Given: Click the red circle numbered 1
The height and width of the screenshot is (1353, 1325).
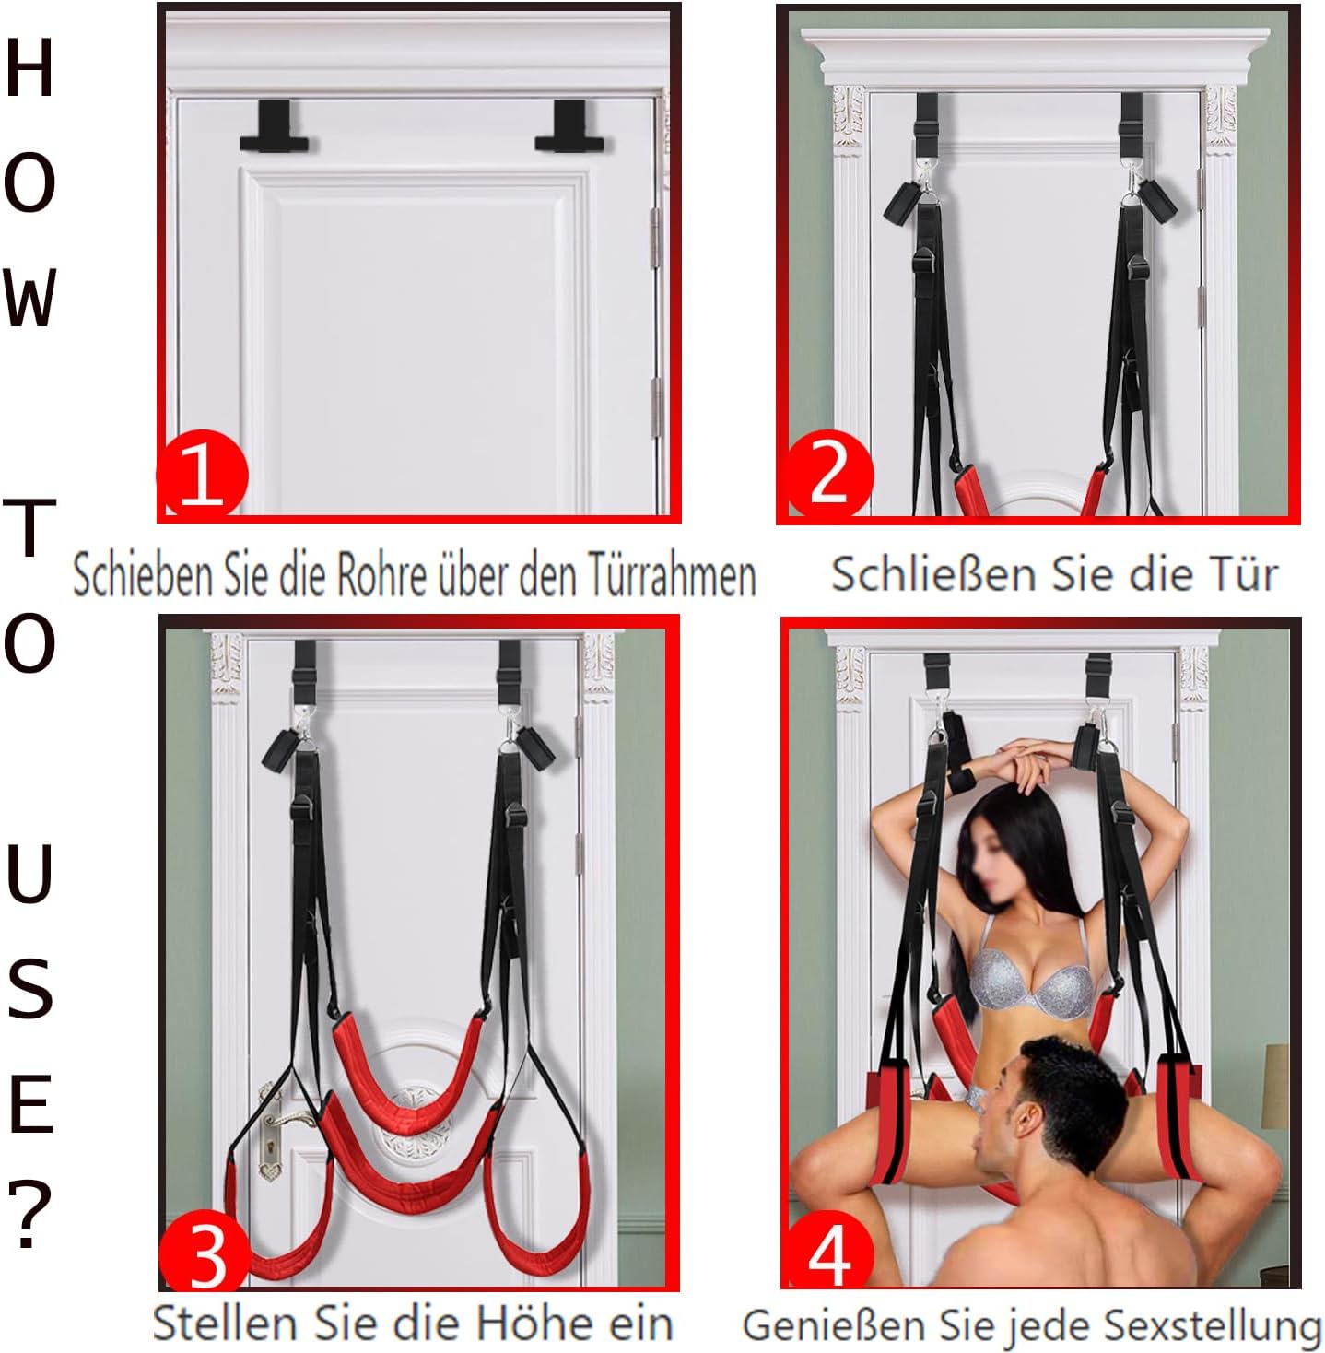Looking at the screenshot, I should pyautogui.click(x=202, y=476).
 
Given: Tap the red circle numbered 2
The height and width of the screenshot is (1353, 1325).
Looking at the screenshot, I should pyautogui.click(x=827, y=475).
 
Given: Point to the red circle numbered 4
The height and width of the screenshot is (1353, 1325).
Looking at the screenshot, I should pyautogui.click(x=828, y=1255).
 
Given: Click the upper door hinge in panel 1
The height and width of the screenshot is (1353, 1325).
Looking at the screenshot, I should pyautogui.click(x=655, y=238).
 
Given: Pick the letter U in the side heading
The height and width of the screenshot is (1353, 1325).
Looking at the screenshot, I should pyautogui.click(x=29, y=873).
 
